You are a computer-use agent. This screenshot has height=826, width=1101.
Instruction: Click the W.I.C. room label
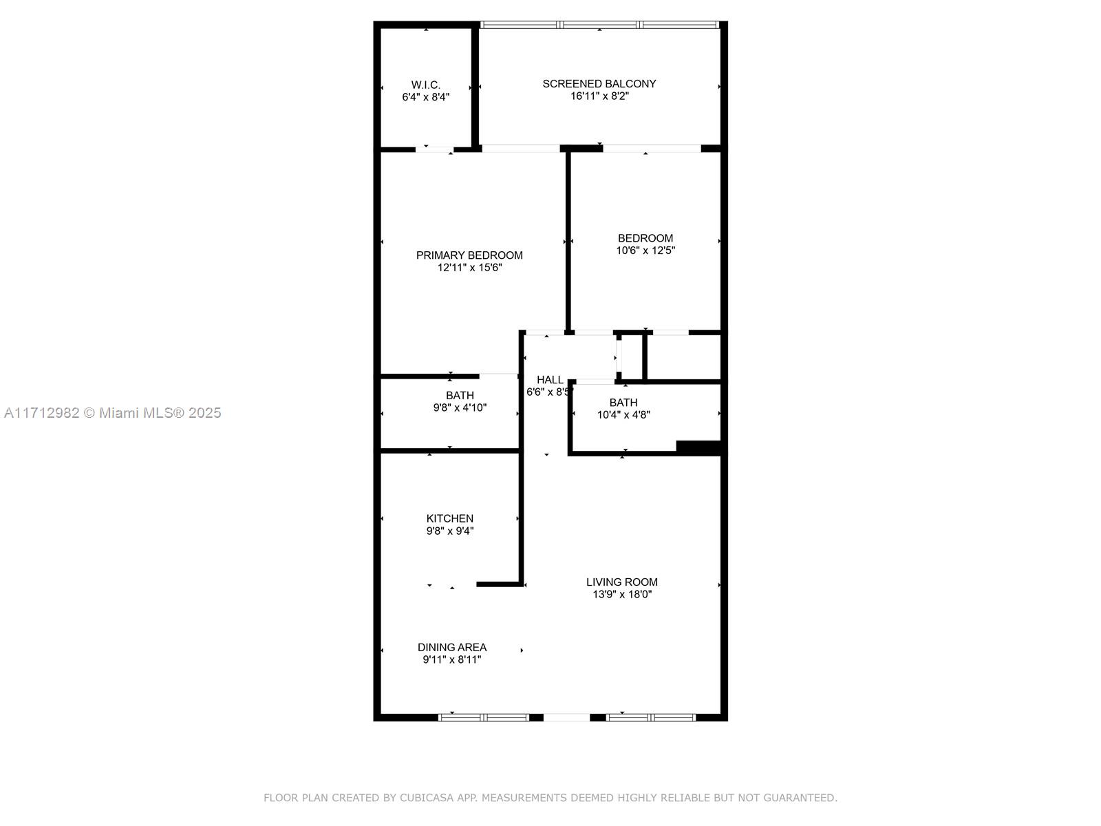[x=425, y=85]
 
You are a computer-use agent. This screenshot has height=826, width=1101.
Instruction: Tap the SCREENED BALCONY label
[x=599, y=84]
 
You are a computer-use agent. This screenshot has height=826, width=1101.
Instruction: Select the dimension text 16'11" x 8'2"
[x=599, y=96]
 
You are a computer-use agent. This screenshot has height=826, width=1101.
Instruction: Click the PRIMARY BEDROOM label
[x=469, y=255]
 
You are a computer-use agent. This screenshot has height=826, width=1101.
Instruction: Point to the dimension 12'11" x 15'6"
[x=469, y=268]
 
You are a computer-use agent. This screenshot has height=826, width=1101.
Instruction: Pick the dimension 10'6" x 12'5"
[x=645, y=251]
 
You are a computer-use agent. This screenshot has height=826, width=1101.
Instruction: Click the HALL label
[x=550, y=380]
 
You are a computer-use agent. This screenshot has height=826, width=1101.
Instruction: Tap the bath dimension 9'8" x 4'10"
[x=460, y=407]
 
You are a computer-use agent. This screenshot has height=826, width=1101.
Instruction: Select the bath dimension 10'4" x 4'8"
[x=623, y=415]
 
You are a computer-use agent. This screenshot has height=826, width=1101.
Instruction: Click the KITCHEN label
[x=449, y=519]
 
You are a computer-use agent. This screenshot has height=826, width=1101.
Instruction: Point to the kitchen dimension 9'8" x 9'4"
[x=449, y=531]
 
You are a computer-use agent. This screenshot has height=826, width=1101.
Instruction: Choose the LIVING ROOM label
[x=621, y=582]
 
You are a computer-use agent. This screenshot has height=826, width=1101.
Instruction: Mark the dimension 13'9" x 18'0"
[x=621, y=595]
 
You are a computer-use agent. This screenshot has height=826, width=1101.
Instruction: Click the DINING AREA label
[x=451, y=648]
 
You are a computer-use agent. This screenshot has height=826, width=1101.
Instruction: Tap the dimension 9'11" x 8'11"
[x=451, y=660]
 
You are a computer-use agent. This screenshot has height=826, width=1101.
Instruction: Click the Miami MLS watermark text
[x=112, y=413]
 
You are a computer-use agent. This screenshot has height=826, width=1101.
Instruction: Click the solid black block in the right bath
[x=698, y=447]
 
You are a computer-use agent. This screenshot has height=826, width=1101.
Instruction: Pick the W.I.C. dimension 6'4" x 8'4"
[x=425, y=98]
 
